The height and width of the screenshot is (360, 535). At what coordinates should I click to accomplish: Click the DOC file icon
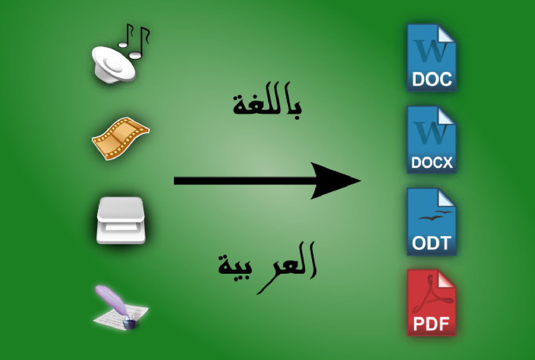(x=431, y=57)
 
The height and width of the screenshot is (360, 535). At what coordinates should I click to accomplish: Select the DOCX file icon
(x=431, y=140)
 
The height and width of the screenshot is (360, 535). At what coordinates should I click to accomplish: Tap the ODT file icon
(x=431, y=222)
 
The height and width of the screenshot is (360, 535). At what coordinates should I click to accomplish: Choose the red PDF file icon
(x=431, y=303)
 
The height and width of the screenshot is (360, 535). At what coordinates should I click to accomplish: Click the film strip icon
(x=120, y=138)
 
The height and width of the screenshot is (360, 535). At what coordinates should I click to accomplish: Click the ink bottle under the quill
(x=129, y=324)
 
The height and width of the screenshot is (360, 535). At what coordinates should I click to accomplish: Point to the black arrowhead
(x=334, y=181)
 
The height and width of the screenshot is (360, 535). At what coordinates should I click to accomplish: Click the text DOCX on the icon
(x=431, y=162)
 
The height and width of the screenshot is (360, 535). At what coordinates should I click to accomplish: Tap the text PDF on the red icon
(x=431, y=324)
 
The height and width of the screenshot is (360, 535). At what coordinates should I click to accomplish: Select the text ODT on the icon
(x=431, y=243)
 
